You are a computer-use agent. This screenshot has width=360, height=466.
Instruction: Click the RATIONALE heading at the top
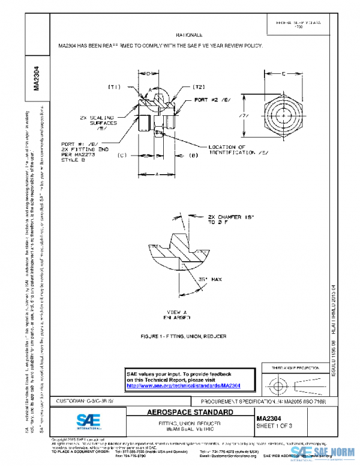[x=193, y=35]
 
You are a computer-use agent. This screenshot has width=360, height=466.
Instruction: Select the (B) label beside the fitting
[x=194, y=156]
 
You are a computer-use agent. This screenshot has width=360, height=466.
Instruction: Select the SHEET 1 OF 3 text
[x=275, y=426]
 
